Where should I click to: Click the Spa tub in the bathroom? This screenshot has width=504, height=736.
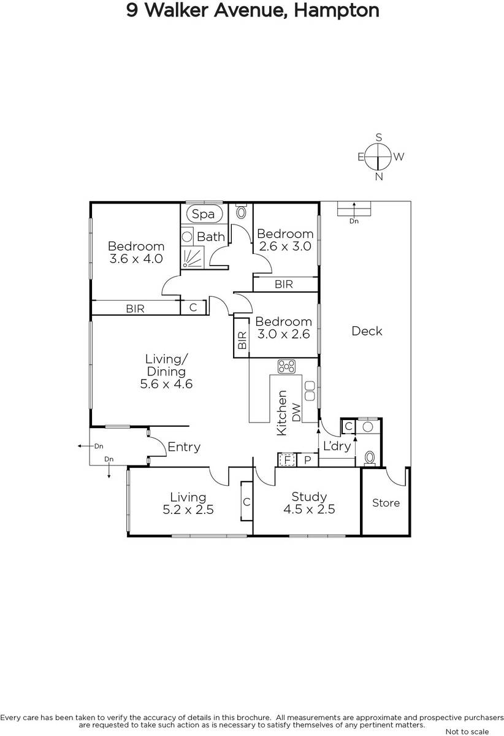pos(203,214)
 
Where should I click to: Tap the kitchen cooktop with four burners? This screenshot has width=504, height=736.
pos(286,366)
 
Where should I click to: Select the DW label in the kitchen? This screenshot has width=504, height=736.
pos(296,412)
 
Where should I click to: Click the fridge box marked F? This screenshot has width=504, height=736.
pos(287,460)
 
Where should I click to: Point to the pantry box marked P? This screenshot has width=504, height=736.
pos(308,460)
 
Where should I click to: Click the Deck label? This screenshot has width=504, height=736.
pos(367,331)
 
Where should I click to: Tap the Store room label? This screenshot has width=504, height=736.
pos(386,503)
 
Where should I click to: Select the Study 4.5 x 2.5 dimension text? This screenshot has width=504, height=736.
pos(309,509)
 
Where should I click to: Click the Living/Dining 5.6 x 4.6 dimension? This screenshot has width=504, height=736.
pos(166,384)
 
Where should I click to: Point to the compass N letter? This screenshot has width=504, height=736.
pos(379,177)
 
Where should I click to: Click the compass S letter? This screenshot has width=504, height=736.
pos(379,137)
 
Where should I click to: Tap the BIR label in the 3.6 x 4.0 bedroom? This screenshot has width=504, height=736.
pos(135,309)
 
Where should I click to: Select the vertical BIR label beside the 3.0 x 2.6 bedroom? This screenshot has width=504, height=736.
pos(242,340)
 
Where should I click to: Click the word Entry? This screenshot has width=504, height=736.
pos(184,447)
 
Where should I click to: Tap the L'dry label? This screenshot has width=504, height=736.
pos(337,447)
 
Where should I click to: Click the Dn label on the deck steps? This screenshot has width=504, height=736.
pos(354,221)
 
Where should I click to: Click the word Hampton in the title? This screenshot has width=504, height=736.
pos(337,10)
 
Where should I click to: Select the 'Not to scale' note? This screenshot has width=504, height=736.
pos(467,731)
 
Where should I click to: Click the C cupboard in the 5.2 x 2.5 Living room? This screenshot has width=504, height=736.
pos(246,502)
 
